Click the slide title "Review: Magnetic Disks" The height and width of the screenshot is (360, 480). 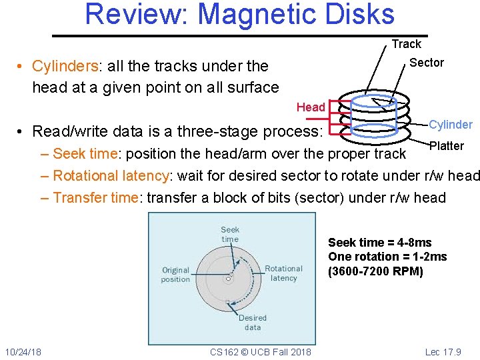click(x=239, y=15)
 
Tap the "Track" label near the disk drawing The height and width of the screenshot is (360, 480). click(x=406, y=44)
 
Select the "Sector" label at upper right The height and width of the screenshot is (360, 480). click(x=426, y=63)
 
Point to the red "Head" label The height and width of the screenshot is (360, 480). click(x=311, y=107)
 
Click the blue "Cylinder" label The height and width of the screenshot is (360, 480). click(x=450, y=125)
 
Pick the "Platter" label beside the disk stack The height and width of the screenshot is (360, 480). click(x=447, y=146)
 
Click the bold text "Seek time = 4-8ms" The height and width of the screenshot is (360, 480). click(x=379, y=243)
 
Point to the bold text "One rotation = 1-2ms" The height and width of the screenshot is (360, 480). click(x=387, y=257)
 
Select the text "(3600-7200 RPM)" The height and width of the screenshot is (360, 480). click(x=375, y=271)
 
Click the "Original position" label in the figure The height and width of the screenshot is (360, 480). click(x=175, y=275)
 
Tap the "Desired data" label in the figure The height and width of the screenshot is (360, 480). click(x=253, y=323)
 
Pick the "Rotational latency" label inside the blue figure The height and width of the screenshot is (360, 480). click(x=283, y=273)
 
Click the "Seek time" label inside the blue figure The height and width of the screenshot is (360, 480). click(x=230, y=234)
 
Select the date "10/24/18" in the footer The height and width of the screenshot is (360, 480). click(x=23, y=351)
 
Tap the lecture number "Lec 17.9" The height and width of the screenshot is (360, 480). click(x=442, y=351)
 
